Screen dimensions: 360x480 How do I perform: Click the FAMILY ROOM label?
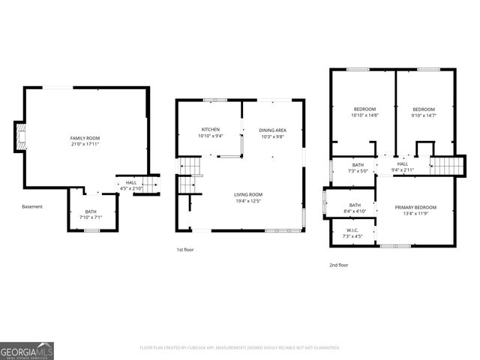point(85,138)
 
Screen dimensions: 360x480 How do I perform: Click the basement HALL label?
point(131,182)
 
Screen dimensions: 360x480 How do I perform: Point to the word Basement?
point(32,206)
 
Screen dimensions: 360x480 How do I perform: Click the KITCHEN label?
point(209,130)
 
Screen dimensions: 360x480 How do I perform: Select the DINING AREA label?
point(272,130)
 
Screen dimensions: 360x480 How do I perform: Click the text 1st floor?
point(184,249)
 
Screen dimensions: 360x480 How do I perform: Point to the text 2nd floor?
point(338,265)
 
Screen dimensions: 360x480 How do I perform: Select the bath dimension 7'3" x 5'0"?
point(358,170)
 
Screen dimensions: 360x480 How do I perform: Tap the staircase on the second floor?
point(444,164)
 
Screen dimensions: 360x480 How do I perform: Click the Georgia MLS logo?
point(26,350)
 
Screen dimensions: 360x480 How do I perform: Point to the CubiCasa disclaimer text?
point(240,347)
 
